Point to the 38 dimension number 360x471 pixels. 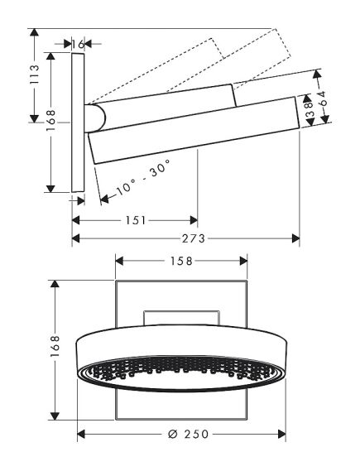click(x=307, y=107)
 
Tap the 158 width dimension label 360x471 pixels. click(x=180, y=261)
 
